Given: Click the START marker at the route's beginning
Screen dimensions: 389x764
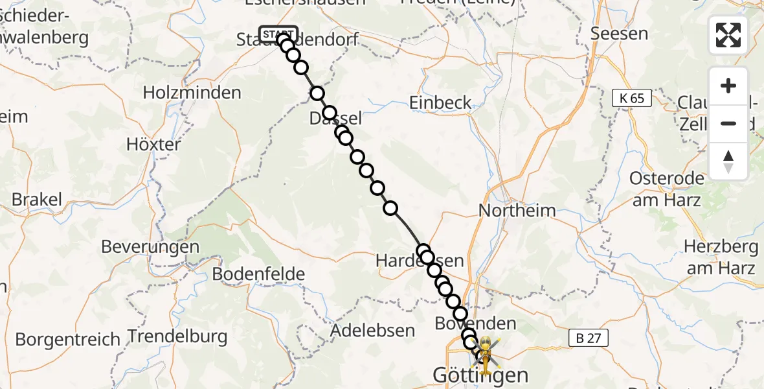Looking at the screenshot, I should (278, 34).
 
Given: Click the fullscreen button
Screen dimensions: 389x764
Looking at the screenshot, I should (728, 34).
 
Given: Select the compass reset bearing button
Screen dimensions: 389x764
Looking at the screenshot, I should (728, 161).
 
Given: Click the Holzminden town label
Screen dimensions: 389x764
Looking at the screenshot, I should (192, 93).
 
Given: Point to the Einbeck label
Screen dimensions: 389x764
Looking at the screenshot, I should (440, 102).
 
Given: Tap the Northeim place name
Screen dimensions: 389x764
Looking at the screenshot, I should (517, 210).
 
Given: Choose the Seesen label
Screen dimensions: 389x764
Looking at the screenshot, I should (620, 33).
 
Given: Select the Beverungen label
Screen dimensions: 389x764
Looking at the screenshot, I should (150, 246).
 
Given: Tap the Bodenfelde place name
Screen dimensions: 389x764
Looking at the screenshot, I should (258, 274).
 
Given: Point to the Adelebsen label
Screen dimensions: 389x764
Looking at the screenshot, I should (372, 330).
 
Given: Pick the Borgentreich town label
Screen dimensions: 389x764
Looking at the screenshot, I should (68, 339).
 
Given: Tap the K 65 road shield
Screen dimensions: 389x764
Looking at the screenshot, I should (631, 98).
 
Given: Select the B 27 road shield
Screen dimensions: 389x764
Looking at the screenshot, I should (589, 337).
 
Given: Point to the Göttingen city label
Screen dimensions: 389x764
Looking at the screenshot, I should (480, 375).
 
